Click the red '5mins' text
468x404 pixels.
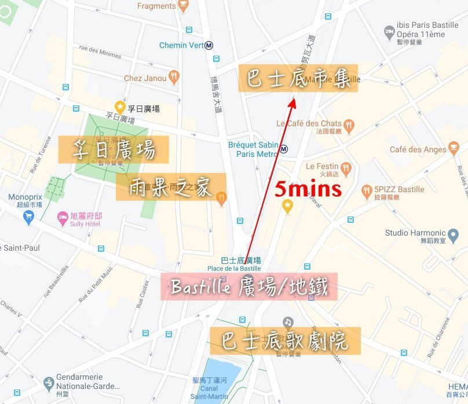(308, 189)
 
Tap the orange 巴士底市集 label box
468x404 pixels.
(298, 79)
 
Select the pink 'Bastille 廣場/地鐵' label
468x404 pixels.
(250, 287)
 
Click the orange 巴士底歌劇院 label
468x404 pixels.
(285, 340)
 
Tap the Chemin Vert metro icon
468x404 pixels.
(209, 46)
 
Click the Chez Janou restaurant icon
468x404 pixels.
(174, 78)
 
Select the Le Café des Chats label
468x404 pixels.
(309, 123)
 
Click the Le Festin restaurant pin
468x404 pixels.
(346, 168)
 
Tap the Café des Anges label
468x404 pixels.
(418, 149)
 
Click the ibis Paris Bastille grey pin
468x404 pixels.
(389, 30)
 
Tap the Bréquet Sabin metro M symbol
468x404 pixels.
(284, 149)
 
